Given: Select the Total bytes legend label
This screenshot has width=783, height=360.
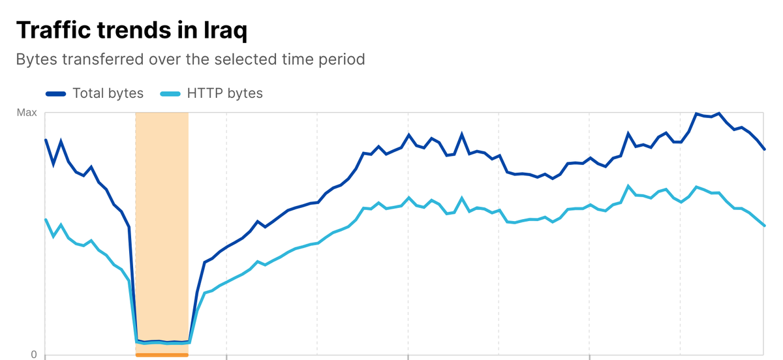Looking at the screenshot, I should (x=108, y=93).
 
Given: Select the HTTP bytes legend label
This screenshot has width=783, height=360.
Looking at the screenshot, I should (x=224, y=93).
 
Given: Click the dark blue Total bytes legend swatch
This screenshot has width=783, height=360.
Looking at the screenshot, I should (x=56, y=94).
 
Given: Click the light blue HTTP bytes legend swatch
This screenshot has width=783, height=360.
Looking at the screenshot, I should (x=170, y=94).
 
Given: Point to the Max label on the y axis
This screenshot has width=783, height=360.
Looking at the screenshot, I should (x=27, y=113).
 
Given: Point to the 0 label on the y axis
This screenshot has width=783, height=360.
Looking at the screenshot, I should (x=33, y=354).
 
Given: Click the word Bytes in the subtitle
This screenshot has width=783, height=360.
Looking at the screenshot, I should (x=37, y=60).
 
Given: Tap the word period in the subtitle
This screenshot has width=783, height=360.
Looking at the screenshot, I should (x=340, y=60).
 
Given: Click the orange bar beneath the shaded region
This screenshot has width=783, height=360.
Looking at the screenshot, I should (x=162, y=355).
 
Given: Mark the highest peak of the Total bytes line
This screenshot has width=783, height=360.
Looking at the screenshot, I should (x=697, y=113).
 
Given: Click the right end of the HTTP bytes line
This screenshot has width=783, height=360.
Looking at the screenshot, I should (x=764, y=226).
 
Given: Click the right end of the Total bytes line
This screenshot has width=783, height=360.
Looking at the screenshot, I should (x=764, y=149).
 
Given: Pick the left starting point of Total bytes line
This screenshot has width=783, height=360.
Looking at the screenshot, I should (x=46, y=140).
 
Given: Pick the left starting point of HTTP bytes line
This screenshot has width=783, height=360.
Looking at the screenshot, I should (x=46, y=220).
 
